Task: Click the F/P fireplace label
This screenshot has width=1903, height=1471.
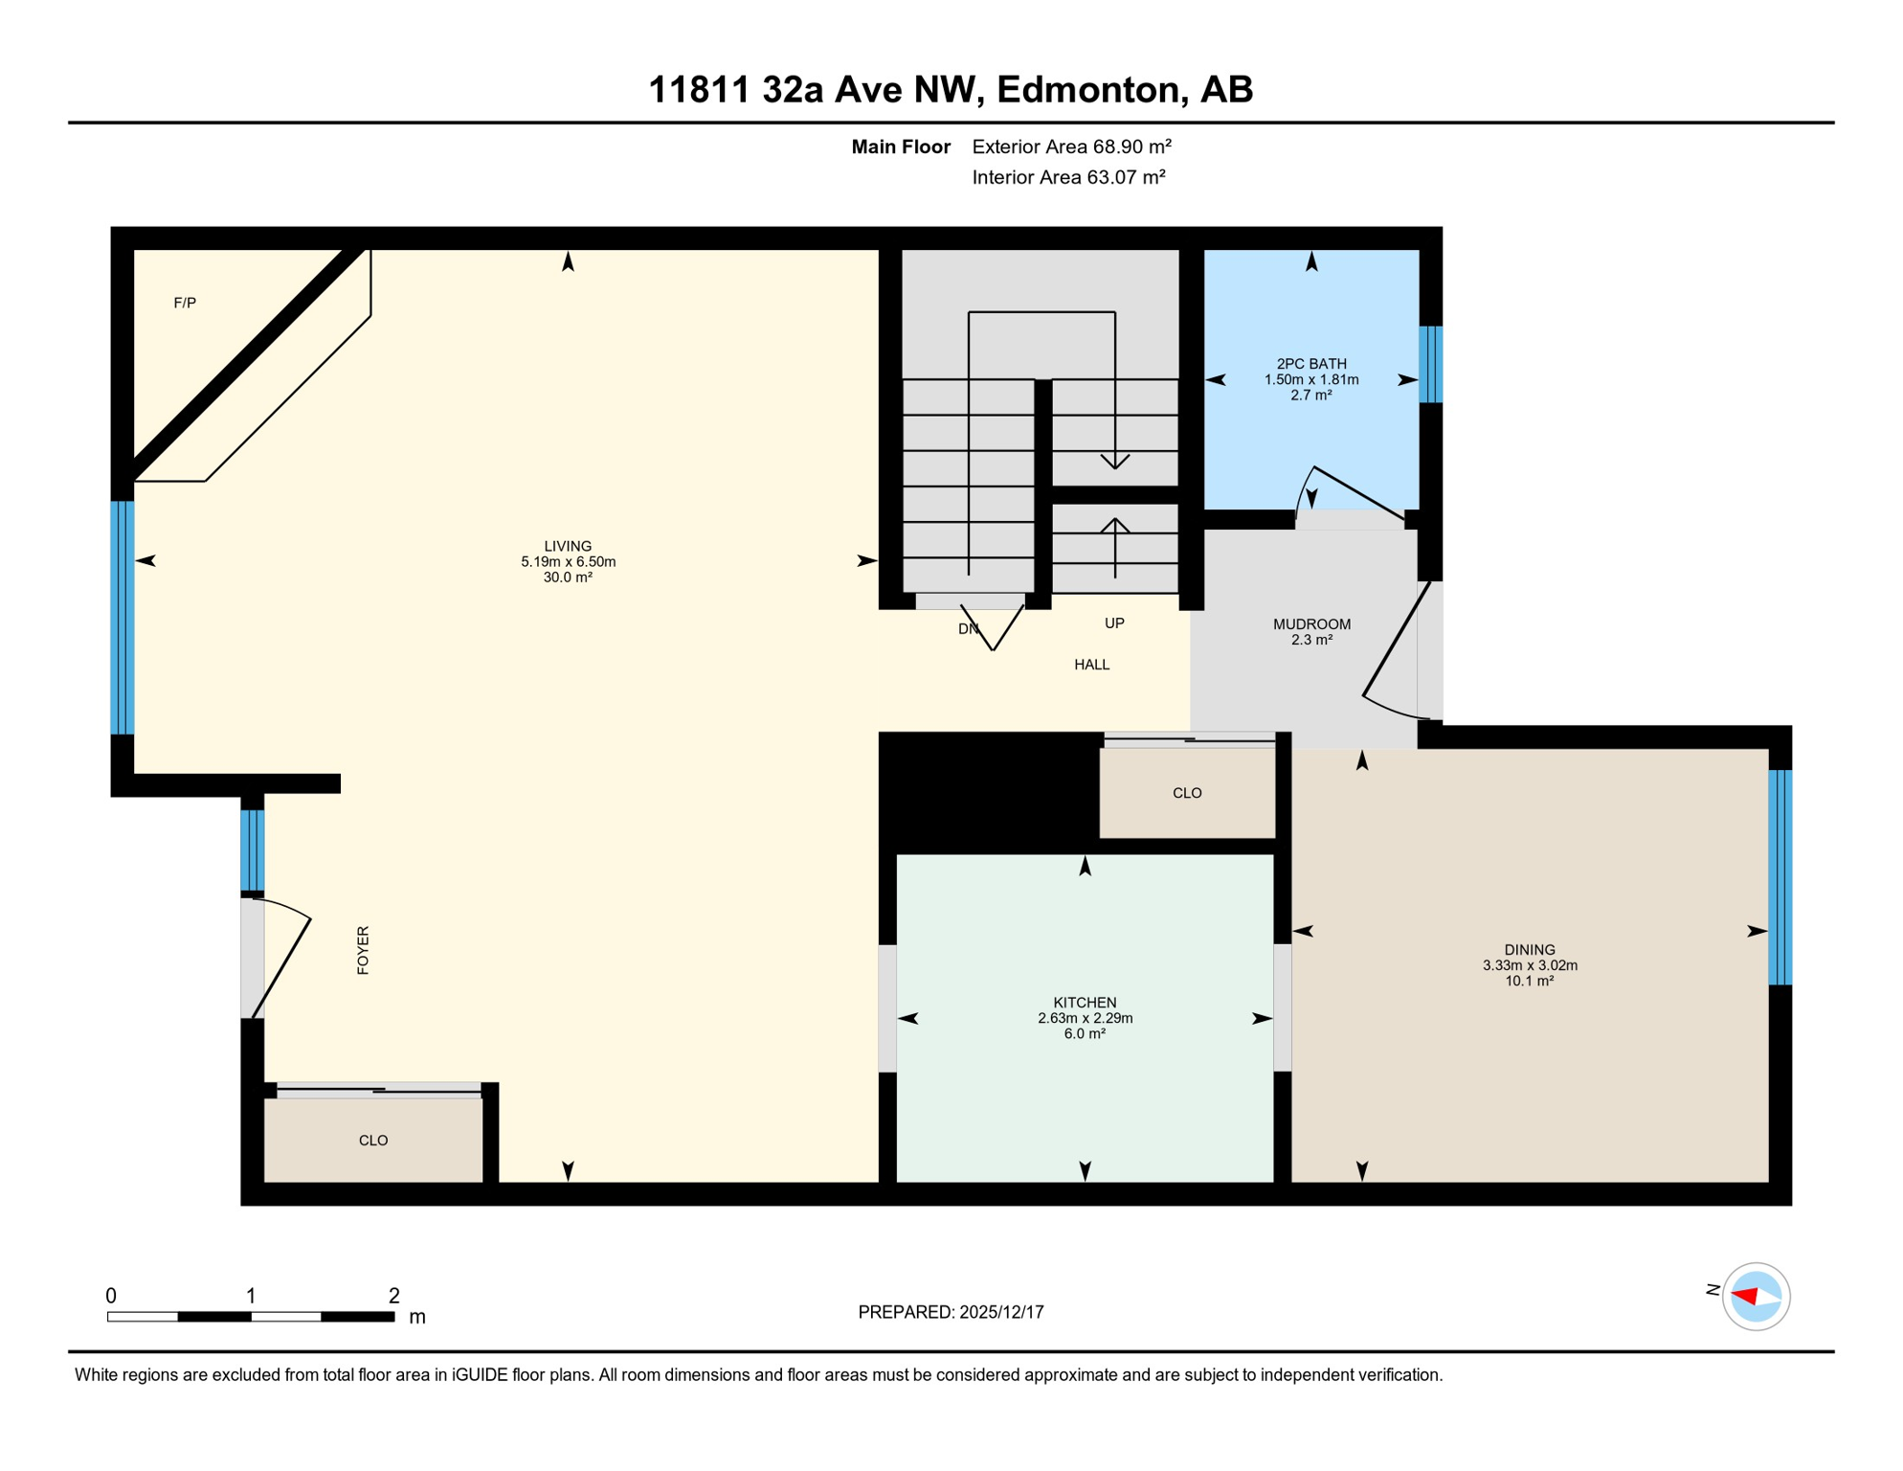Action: click(185, 303)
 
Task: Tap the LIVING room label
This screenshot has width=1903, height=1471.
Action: click(568, 546)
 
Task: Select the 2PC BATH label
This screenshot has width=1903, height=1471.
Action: click(1311, 364)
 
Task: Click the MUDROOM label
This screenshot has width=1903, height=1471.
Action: click(1311, 624)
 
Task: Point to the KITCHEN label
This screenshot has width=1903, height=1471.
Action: click(1085, 1003)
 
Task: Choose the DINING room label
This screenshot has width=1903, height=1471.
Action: click(1529, 950)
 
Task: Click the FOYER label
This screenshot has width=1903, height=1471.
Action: click(363, 950)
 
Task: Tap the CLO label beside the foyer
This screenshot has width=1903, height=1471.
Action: click(373, 1141)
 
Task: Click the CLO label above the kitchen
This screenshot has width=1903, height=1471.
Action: click(1187, 793)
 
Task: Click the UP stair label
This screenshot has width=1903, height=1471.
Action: click(1114, 623)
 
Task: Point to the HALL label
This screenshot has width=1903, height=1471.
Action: click(1091, 665)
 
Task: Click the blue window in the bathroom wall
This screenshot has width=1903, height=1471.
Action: click(1430, 364)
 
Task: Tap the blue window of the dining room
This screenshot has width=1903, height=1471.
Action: click(1780, 877)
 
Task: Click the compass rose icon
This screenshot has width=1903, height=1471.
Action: click(1756, 1297)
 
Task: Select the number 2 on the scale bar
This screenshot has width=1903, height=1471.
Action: click(393, 1296)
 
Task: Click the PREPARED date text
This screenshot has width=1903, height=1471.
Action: click(951, 1312)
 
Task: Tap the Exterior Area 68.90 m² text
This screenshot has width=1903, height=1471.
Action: click(1071, 147)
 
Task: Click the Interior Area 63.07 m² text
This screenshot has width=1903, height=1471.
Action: click(1068, 177)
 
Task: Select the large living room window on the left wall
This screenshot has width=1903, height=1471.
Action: click(123, 618)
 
